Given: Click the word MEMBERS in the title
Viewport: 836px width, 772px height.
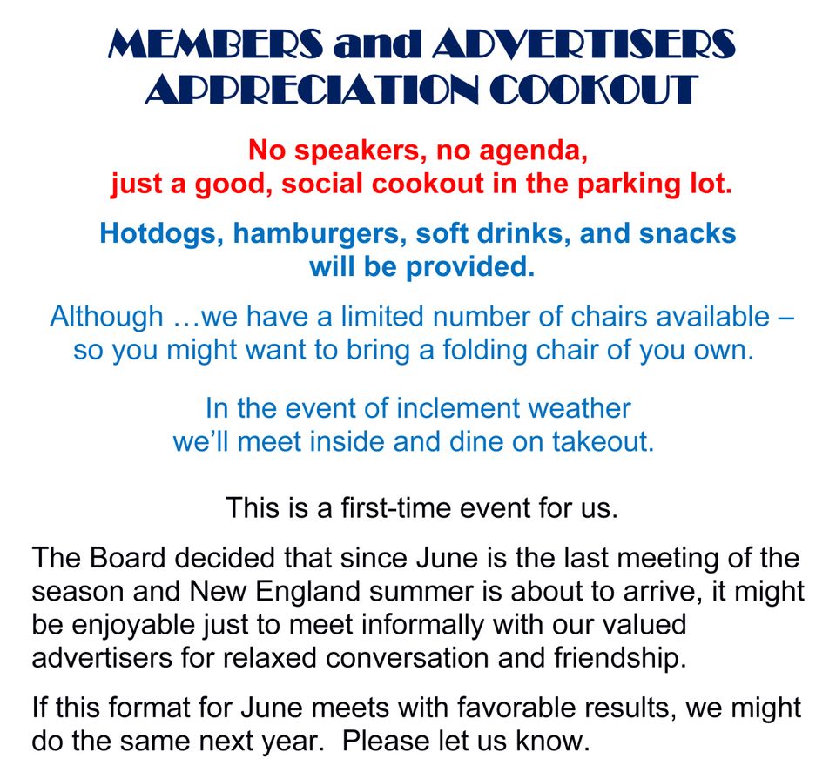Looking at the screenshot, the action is [216, 44].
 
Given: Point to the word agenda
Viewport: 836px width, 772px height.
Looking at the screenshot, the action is [533, 151].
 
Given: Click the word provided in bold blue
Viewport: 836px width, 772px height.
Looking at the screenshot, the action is [469, 267].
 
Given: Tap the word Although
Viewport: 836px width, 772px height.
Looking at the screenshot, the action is [106, 317].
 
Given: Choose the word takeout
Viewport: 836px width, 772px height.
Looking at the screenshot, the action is [603, 442].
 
